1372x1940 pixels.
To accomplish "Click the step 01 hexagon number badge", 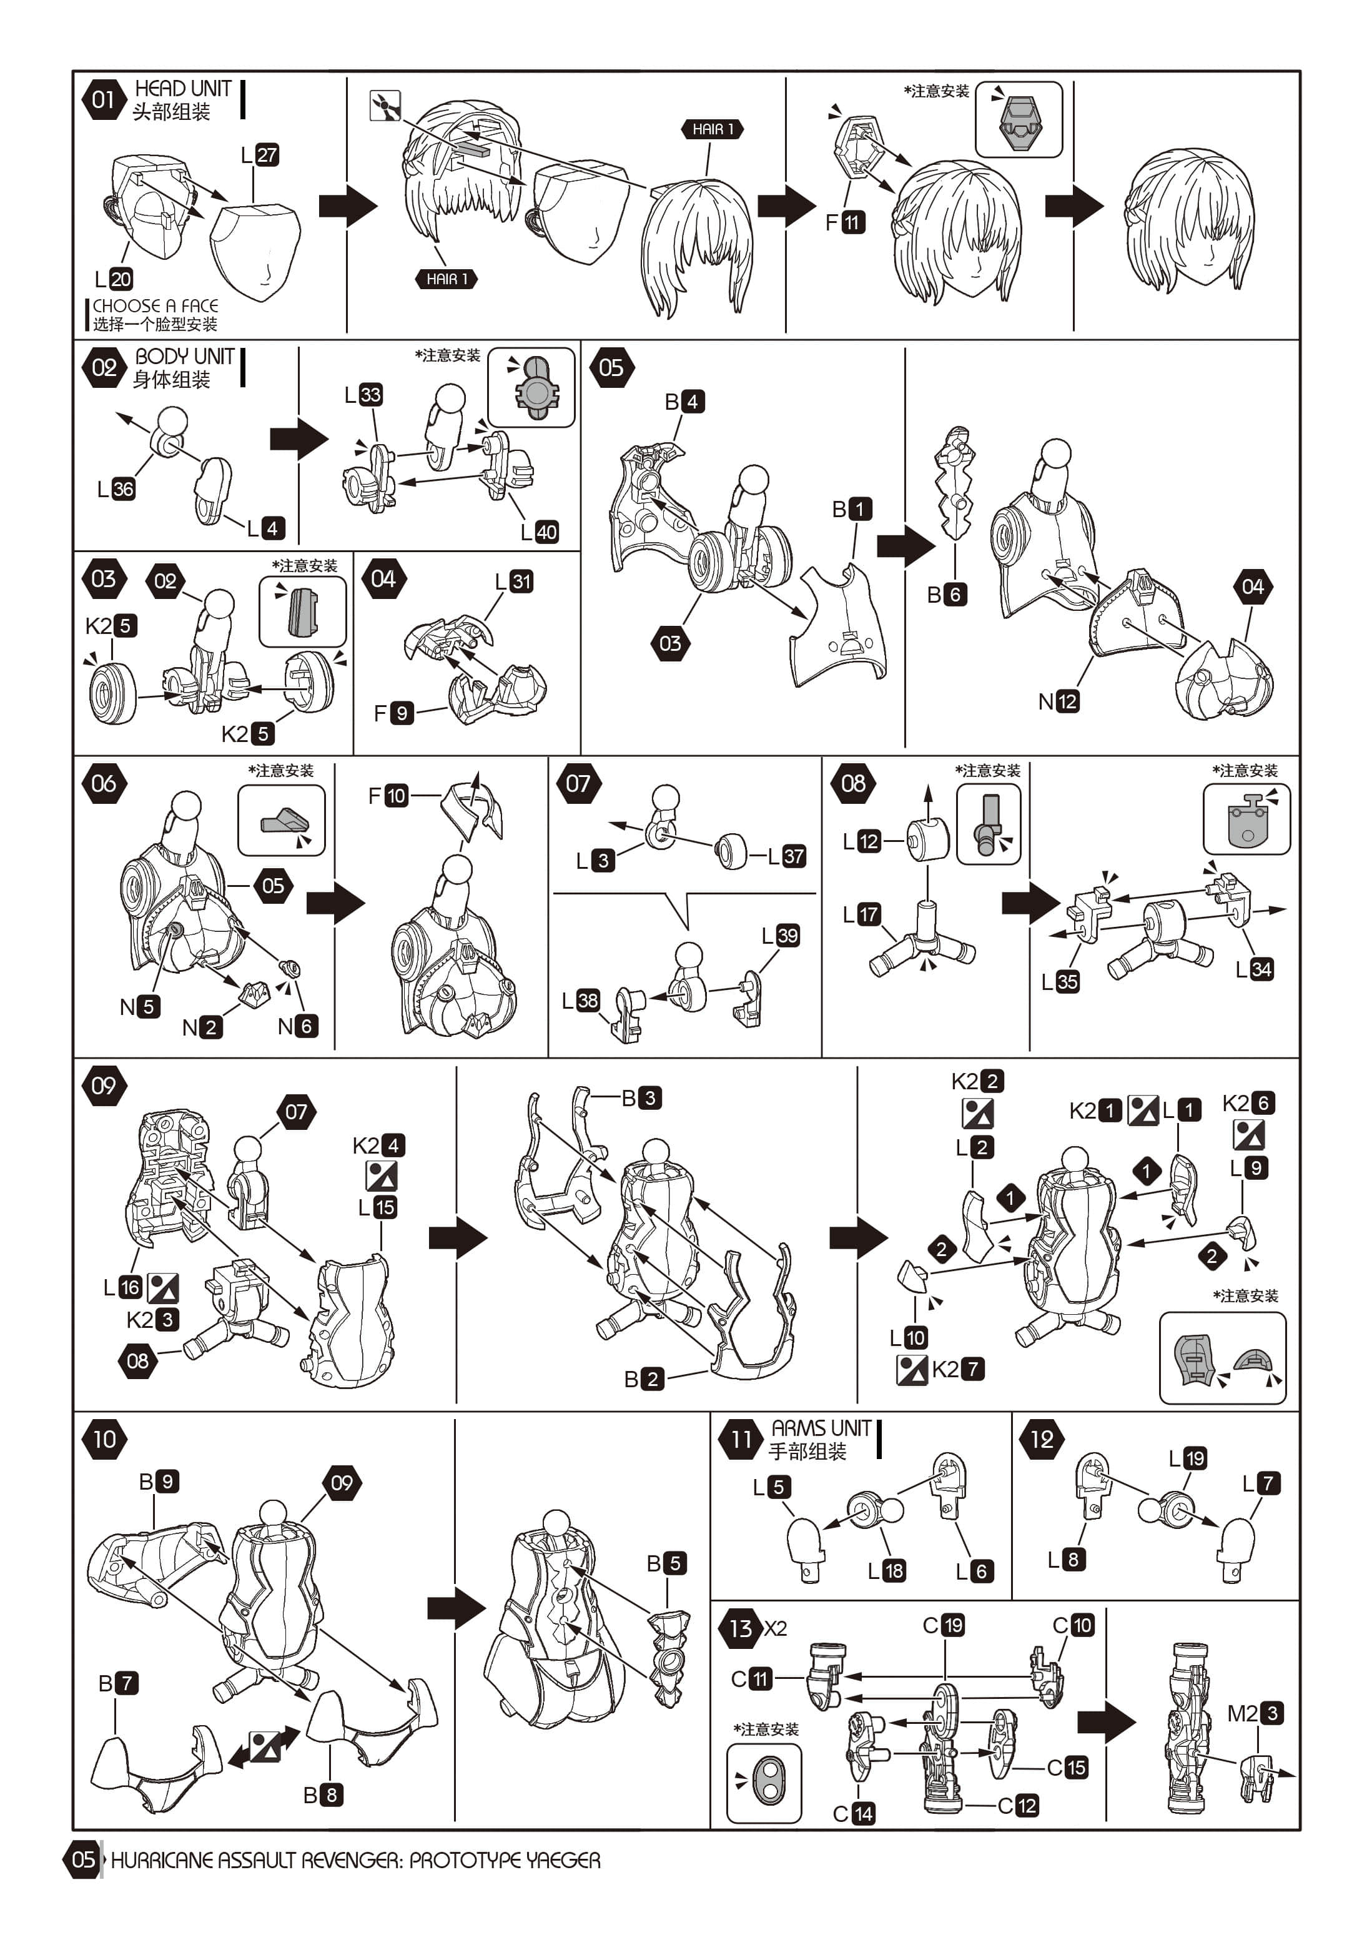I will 103,100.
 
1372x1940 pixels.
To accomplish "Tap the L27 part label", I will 260,155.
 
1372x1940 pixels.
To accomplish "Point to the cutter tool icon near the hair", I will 385,106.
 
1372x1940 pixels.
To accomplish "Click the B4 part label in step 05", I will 684,402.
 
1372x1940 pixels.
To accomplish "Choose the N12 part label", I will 1059,701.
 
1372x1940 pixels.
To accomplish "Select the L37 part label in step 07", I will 786,856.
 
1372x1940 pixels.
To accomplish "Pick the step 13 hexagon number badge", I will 740,1628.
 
